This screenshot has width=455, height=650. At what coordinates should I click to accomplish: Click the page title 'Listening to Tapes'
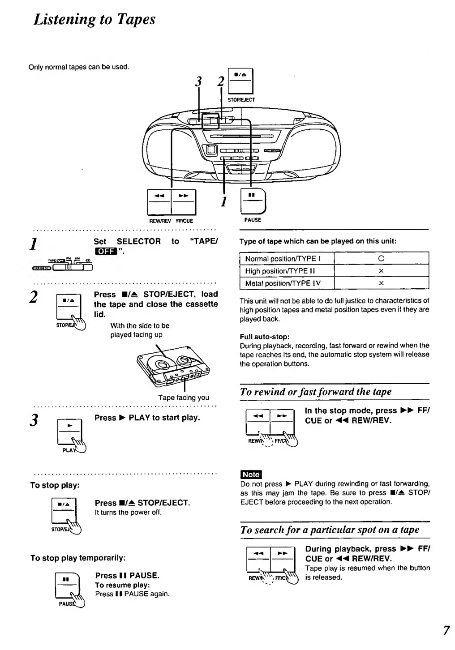(x=94, y=19)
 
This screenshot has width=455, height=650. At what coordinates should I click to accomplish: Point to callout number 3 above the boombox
(x=198, y=82)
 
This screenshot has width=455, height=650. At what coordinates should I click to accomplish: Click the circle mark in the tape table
(x=381, y=259)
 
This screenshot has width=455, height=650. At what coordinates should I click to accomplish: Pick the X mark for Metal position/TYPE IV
(x=381, y=283)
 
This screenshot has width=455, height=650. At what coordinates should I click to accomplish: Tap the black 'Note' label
(x=251, y=475)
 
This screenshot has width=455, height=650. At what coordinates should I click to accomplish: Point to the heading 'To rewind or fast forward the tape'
(x=316, y=392)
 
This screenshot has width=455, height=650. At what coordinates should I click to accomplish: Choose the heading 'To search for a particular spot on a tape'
(x=330, y=530)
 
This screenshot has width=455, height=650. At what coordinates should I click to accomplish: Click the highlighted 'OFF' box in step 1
(x=105, y=251)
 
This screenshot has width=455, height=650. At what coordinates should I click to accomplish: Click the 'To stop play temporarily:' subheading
(x=78, y=558)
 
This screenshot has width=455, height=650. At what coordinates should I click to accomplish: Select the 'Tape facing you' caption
(x=183, y=398)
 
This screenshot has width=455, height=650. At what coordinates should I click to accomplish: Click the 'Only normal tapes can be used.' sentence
(x=79, y=67)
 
